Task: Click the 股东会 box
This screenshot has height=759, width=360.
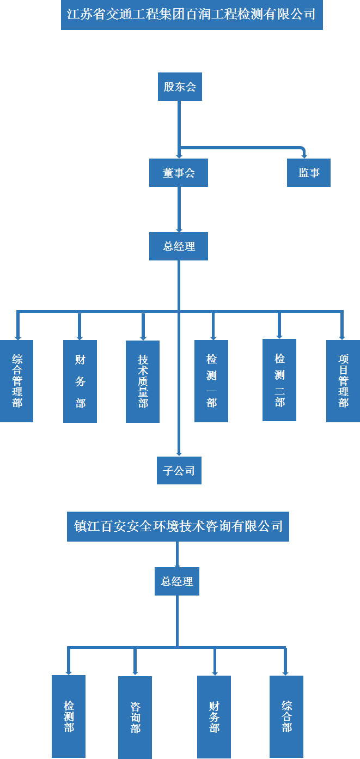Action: (180, 87)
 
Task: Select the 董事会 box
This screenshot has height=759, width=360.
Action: (179, 173)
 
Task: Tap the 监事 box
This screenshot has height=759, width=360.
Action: (309, 173)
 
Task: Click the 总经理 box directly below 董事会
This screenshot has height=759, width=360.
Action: (179, 246)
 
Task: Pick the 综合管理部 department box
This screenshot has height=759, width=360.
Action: (16, 381)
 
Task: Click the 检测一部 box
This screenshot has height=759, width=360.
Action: (211, 381)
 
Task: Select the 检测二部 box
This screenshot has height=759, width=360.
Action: (279, 380)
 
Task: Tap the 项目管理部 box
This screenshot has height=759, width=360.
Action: (343, 381)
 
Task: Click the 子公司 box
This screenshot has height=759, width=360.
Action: (179, 470)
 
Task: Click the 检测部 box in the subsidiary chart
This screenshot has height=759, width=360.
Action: (69, 716)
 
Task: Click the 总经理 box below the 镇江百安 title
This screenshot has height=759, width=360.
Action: (177, 581)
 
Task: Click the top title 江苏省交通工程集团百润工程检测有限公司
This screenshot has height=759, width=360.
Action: (192, 15)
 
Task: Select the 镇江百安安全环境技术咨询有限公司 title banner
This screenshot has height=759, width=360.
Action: (178, 526)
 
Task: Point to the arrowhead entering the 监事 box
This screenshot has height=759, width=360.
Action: (305, 156)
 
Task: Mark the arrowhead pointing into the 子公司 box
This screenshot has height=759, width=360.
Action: (179, 453)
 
